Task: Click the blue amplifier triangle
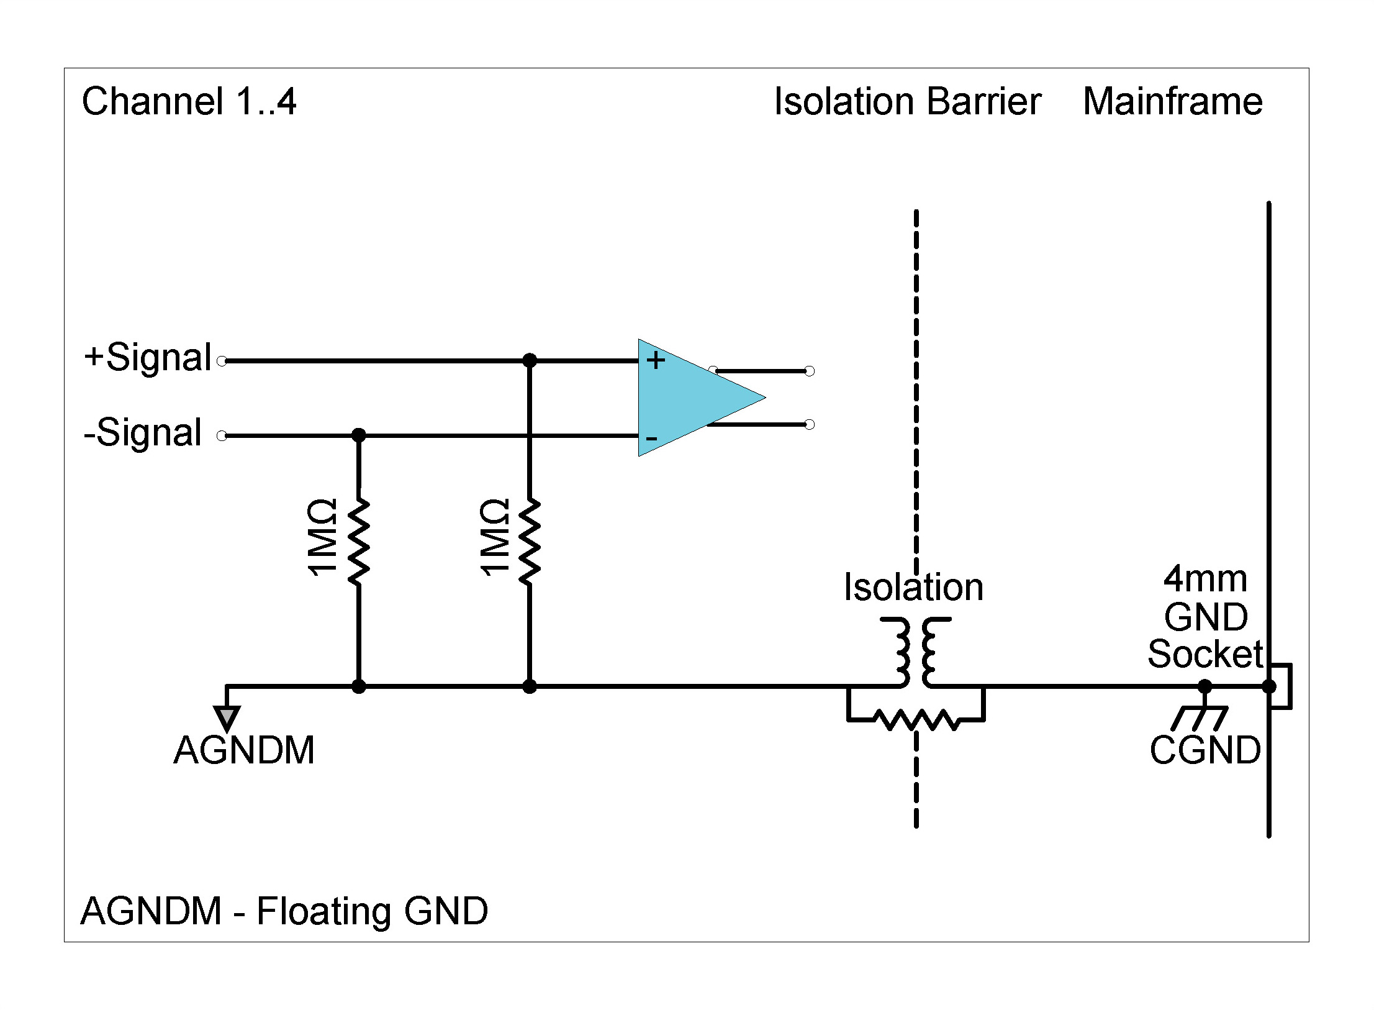(689, 398)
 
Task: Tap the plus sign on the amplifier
(656, 360)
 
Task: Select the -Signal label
(143, 433)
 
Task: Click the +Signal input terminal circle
(222, 361)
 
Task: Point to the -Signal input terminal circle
(222, 436)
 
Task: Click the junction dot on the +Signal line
(530, 360)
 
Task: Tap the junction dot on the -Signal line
(358, 435)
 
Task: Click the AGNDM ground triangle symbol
(227, 717)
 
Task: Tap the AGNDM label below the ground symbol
(244, 750)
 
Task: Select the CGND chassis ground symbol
(1200, 719)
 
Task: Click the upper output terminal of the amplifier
(809, 371)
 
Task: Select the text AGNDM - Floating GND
(284, 911)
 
